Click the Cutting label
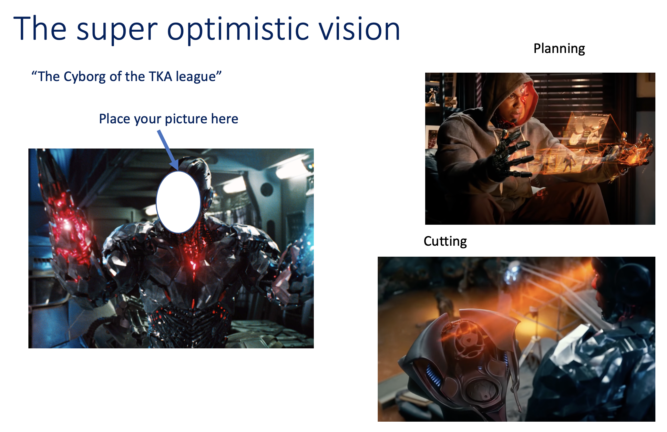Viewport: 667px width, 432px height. pyautogui.click(x=445, y=242)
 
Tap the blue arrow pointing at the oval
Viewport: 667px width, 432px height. pyautogui.click(x=168, y=150)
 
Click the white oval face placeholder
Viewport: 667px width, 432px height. pyautogui.click(x=178, y=202)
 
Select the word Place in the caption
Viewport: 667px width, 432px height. pyautogui.click(x=115, y=119)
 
